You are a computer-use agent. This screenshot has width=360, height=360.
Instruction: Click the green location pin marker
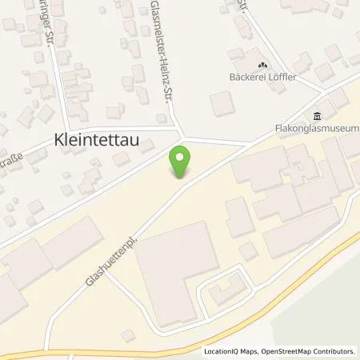180,162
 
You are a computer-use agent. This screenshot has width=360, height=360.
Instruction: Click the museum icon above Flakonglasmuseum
318,114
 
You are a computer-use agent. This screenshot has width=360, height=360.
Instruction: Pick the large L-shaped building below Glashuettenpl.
172,263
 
